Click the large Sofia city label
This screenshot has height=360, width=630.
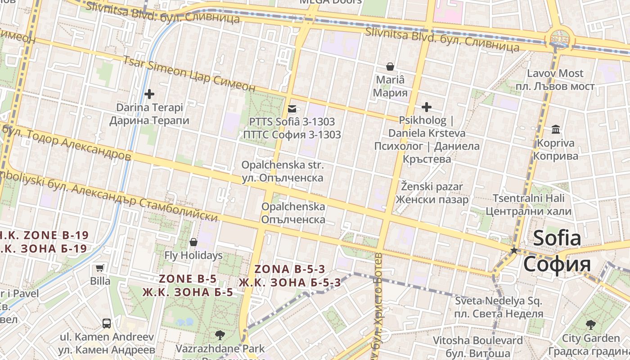point(557,251)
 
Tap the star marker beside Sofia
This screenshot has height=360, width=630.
point(514,250)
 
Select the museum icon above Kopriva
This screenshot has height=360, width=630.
point(556,130)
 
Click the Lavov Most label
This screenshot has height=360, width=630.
point(561,80)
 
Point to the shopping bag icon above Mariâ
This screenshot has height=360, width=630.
point(390,67)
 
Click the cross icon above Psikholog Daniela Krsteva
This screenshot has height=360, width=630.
point(426,107)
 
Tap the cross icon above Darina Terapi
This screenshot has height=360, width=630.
point(149,94)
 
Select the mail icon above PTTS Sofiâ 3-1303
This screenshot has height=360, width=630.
point(292,108)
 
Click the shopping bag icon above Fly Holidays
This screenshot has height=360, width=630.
point(193,242)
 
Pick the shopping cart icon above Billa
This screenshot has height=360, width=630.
point(100,268)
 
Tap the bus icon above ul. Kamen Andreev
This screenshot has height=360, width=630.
point(107,323)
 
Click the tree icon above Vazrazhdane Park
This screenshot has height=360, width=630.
point(220,335)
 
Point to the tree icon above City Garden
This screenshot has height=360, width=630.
point(591,324)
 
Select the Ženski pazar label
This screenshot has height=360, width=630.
point(432,193)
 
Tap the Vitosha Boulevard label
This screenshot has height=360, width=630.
point(478,346)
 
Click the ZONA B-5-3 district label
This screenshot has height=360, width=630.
point(289,276)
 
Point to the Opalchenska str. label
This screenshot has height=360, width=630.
point(282,171)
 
